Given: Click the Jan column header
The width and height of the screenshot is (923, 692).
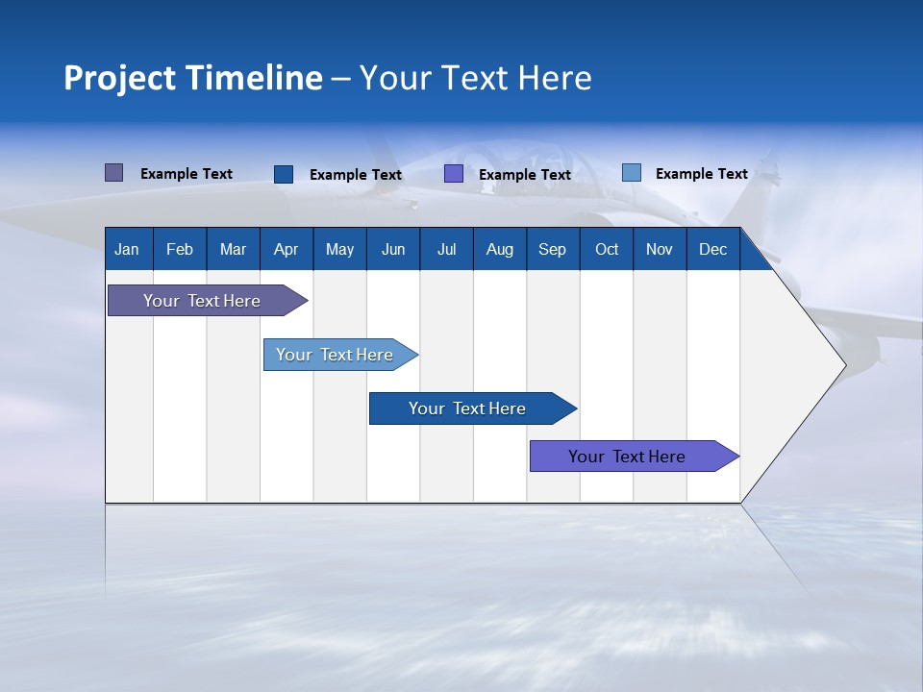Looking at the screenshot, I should (x=127, y=249).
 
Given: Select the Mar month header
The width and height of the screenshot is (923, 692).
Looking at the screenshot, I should (x=233, y=249).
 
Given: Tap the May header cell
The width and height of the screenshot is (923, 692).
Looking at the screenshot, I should (x=339, y=249).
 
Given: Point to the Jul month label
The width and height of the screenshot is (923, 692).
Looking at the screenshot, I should (x=446, y=249).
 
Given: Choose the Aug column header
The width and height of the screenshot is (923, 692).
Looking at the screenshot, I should (x=499, y=249).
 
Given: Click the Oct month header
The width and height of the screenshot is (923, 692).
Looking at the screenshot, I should (x=607, y=249).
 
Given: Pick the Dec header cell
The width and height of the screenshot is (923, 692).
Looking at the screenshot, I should (x=712, y=249).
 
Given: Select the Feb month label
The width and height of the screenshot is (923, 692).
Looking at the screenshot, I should (x=180, y=249).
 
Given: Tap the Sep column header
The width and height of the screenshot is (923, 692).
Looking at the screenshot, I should (x=552, y=249).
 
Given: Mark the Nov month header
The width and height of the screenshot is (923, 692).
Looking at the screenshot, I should (x=659, y=249).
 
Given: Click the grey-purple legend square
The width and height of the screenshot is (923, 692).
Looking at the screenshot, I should (x=113, y=173).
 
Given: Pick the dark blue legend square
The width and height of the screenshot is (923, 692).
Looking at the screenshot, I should (x=283, y=174).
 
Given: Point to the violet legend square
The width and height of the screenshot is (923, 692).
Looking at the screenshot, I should (x=454, y=174).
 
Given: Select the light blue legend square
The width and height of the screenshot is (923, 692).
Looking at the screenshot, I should (x=631, y=173).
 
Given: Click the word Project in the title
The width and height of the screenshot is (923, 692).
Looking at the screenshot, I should (x=118, y=78).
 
